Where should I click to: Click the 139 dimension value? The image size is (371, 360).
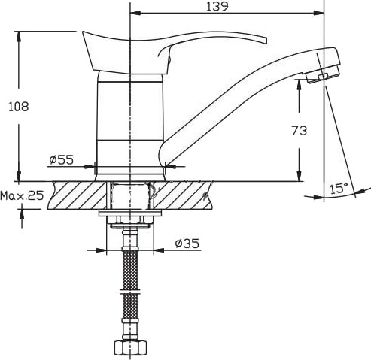coord(217,6)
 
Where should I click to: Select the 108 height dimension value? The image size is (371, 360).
coord(19,107)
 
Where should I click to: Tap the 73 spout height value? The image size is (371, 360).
coord(299,131)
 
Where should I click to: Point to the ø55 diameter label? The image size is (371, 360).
coord(62,159)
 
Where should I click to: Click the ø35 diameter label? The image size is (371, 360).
coord(187,243)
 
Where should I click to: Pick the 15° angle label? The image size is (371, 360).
coord(339,188)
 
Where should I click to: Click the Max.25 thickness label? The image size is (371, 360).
coord(22,195)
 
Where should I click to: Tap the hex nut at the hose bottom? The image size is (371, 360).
coord(130,347)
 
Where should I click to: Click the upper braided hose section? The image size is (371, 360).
coord(130,270)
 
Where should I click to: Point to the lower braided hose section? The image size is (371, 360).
coord(130,306)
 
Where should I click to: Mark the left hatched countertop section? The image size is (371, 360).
coord(78,195)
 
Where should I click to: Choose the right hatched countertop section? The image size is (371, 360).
coord(183,195)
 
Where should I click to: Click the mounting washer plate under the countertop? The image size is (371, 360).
coord(130,213)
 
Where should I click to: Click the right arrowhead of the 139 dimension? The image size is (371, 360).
coord(319,13)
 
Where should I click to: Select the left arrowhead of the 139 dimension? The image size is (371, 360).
coord(135,13)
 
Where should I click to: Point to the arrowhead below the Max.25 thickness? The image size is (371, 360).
coord(22,214)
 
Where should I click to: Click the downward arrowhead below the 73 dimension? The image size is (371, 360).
coord(299,176)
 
